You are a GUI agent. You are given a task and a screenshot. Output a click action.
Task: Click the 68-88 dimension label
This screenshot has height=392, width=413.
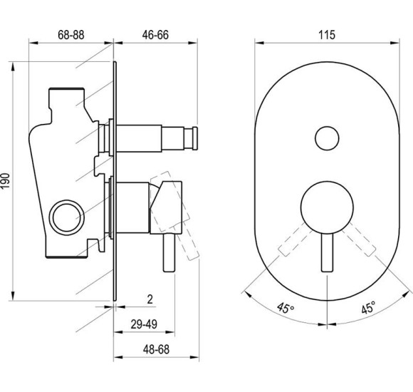(71, 35)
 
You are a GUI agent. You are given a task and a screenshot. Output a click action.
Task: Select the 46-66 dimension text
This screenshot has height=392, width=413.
(155, 35)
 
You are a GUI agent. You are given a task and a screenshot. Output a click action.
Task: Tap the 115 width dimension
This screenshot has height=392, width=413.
(327, 35)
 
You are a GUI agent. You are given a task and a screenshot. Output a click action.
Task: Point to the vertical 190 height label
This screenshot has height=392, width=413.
(5, 181)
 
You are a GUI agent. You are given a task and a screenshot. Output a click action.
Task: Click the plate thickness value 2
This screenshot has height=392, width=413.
(150, 299)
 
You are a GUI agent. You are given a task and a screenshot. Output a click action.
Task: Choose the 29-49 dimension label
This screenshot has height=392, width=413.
(144, 324)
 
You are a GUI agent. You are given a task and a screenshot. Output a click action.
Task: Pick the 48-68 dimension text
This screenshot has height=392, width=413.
(156, 349)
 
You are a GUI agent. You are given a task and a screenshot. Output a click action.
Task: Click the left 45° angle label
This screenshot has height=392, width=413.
(286, 308)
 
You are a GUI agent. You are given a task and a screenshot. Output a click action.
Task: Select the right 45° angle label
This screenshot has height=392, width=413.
(368, 308)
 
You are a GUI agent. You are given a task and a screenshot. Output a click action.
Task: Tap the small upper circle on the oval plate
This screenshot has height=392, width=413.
(327, 138)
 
